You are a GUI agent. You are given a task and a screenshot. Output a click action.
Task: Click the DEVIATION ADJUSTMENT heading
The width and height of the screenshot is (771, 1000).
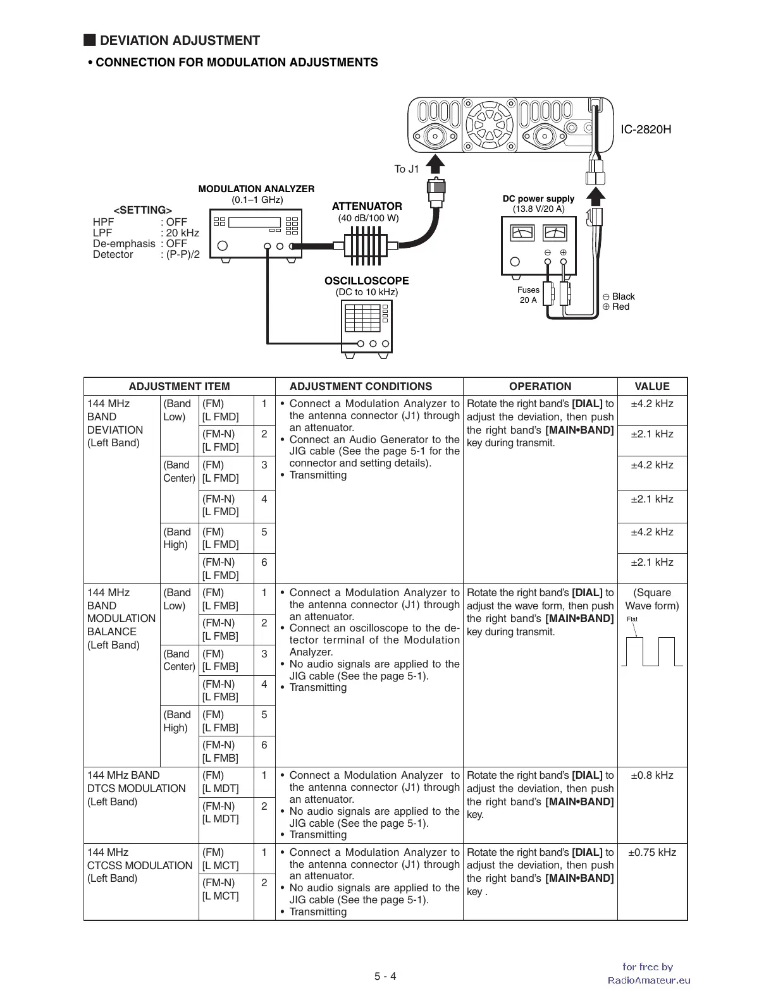[180, 41]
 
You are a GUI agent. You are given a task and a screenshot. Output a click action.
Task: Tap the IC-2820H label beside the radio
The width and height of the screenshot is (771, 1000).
[645, 130]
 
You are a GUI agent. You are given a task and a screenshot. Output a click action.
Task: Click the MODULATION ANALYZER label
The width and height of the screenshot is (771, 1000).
[256, 189]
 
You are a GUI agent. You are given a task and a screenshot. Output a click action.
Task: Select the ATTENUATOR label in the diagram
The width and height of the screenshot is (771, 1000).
[367, 206]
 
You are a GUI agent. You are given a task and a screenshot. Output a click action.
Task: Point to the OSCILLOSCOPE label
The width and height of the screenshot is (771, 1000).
[367, 281]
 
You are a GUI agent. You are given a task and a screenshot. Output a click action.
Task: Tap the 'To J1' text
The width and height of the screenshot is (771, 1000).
[407, 169]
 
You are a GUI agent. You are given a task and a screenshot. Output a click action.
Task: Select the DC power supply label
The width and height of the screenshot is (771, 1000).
[538, 198]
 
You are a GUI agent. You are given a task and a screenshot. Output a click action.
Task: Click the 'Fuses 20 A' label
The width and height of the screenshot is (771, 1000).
[528, 295]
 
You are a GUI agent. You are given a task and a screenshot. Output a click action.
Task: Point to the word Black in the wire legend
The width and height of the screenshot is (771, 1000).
[623, 296]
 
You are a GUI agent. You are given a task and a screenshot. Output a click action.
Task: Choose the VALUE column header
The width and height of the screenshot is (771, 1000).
[651, 386]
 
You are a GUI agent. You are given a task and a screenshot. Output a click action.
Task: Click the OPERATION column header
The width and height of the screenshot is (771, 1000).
[540, 386]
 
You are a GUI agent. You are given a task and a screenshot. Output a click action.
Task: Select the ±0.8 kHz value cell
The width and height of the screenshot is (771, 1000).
[651, 776]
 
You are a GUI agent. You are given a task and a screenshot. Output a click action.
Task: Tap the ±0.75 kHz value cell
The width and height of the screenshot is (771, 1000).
[651, 852]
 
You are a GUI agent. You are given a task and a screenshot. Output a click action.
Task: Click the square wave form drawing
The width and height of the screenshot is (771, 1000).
[651, 652]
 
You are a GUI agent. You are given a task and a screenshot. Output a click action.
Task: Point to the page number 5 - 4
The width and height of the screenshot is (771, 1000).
[385, 976]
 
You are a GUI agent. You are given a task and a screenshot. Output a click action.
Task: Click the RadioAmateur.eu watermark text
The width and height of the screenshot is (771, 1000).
[649, 980]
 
